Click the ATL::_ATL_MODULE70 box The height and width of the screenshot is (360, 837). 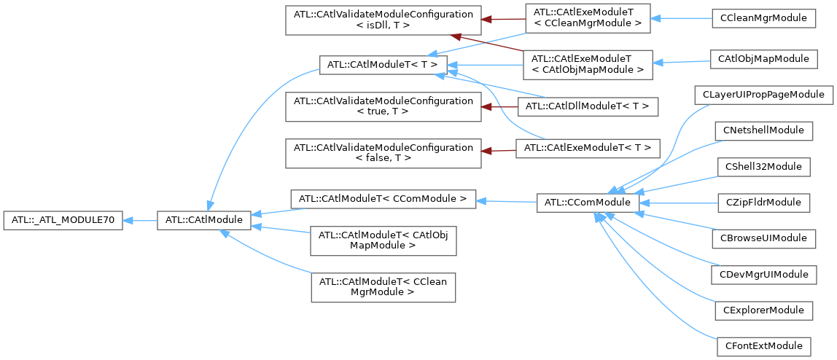point(64,219)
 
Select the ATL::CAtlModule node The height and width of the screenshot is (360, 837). point(204,219)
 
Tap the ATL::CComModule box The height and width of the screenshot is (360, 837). point(588,201)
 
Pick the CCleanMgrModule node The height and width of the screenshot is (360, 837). point(763,17)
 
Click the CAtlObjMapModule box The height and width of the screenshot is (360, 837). point(763,58)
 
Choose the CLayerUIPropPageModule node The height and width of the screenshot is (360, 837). point(763,95)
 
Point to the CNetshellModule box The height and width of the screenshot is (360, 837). point(763,130)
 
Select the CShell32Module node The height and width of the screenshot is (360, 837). point(763,166)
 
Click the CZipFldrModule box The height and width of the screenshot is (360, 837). point(763,202)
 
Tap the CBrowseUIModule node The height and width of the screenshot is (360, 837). point(763,238)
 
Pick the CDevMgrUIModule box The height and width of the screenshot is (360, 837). point(763,274)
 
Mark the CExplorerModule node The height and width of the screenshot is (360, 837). point(763,310)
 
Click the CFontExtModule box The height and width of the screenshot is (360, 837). point(763,345)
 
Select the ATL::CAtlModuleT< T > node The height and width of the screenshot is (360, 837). point(382,65)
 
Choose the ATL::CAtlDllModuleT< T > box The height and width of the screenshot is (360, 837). point(588,106)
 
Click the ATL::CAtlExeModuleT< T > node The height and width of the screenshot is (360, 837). point(588,149)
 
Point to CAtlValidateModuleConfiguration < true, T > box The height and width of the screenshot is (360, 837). point(383,106)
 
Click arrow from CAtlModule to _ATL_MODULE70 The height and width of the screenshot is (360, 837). point(140,219)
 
